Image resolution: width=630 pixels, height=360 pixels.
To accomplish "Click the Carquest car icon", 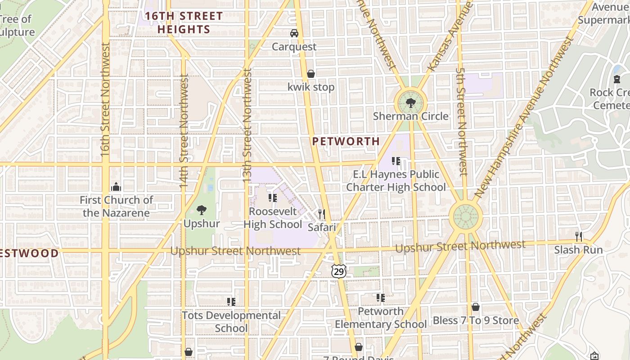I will coord(294,33).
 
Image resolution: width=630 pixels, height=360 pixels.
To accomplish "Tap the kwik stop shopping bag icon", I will coord(310,74).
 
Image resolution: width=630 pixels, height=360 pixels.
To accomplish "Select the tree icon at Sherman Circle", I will coord(410,103).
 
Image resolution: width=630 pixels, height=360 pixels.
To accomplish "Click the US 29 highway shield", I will coord(339,271).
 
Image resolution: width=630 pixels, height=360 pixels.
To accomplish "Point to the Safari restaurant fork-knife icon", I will coord(321,214).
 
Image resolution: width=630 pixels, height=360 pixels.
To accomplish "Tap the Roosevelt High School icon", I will coord(272,198).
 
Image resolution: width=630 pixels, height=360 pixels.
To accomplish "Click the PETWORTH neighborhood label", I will coord(346,141).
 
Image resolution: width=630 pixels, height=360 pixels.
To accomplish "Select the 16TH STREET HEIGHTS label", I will coord(184,23).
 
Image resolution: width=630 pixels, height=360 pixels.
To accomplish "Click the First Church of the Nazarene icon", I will coord(116,186).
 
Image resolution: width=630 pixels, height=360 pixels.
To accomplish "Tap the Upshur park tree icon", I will coord(202,210).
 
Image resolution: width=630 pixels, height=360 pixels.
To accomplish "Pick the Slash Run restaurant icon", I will coord(579,236).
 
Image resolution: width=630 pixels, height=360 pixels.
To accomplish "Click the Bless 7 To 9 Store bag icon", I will coord(476,307).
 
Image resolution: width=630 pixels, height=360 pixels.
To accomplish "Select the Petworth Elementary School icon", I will coord(381,297).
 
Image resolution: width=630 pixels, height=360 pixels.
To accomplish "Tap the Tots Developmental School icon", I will coord(231,301).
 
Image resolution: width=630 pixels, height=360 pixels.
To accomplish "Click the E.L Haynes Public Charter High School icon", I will coord(396,161).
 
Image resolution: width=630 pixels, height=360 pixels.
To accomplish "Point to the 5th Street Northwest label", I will coord(461,121).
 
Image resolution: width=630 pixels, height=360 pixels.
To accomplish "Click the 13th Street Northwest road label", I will coord(247,126).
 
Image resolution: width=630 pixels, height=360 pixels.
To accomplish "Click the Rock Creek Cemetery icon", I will coord(617,79).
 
